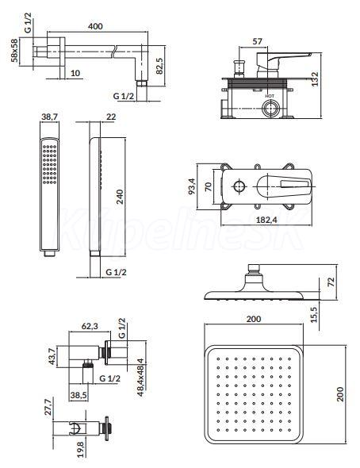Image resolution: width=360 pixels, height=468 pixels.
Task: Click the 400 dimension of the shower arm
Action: pos(95,26)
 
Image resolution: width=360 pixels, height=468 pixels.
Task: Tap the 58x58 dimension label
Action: pos(14,50)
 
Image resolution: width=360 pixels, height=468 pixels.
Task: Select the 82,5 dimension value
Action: pos(159,66)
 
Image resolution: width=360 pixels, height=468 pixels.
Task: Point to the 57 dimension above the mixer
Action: pos(257,41)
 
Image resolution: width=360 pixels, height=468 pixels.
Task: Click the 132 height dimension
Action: pos(315,79)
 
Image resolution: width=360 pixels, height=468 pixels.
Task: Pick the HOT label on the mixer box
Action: pos(270,96)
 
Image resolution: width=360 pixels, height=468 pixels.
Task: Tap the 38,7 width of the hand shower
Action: pos(49,117)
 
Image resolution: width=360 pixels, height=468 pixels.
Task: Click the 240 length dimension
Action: pos(120,197)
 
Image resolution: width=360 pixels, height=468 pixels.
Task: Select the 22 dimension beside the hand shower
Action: pos(111,117)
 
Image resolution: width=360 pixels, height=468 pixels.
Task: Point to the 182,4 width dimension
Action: pos(266,220)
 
